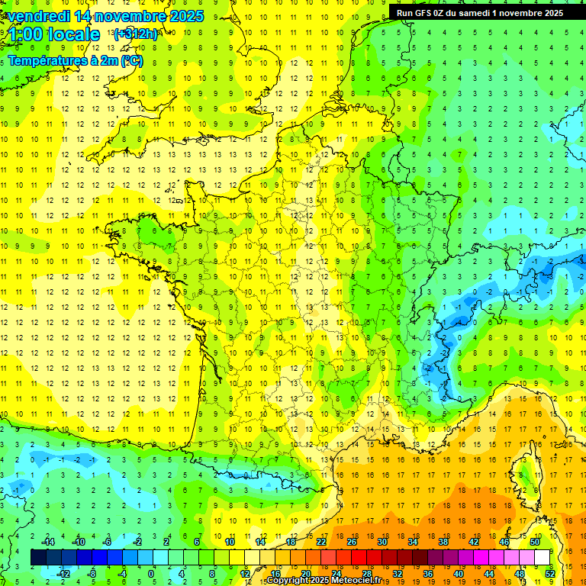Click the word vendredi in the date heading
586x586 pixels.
(40, 16)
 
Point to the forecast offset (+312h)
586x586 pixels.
(135, 34)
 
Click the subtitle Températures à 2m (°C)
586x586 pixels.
(75, 60)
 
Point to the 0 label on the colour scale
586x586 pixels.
(150, 574)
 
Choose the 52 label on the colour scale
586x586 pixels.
(550, 574)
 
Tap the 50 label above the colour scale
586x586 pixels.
(535, 542)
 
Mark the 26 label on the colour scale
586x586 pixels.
(352, 542)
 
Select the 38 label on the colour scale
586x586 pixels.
(443, 542)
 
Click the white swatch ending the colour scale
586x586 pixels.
(543, 558)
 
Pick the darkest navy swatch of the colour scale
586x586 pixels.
(38, 558)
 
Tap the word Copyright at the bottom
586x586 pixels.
(287, 581)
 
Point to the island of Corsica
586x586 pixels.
(524, 473)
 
